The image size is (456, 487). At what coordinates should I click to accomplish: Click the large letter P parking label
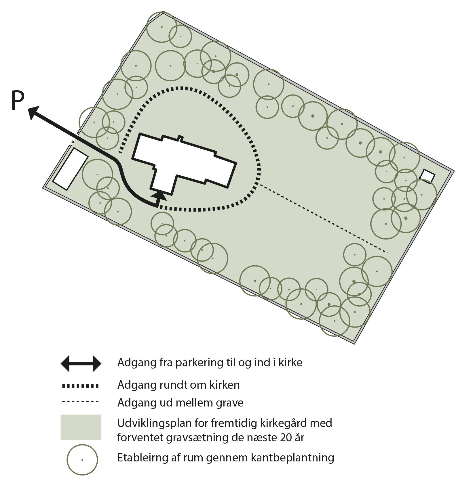coord(18,100)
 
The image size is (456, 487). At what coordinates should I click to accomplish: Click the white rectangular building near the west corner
coord(70,169)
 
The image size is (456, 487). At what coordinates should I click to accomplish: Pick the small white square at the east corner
coord(427,176)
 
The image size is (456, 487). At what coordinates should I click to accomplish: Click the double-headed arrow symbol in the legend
coord(81,363)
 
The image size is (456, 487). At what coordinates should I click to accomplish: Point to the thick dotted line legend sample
coord(81,386)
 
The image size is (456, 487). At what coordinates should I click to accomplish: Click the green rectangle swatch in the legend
coord(81,427)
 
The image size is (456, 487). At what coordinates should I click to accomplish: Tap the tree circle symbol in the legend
coord(82,460)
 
